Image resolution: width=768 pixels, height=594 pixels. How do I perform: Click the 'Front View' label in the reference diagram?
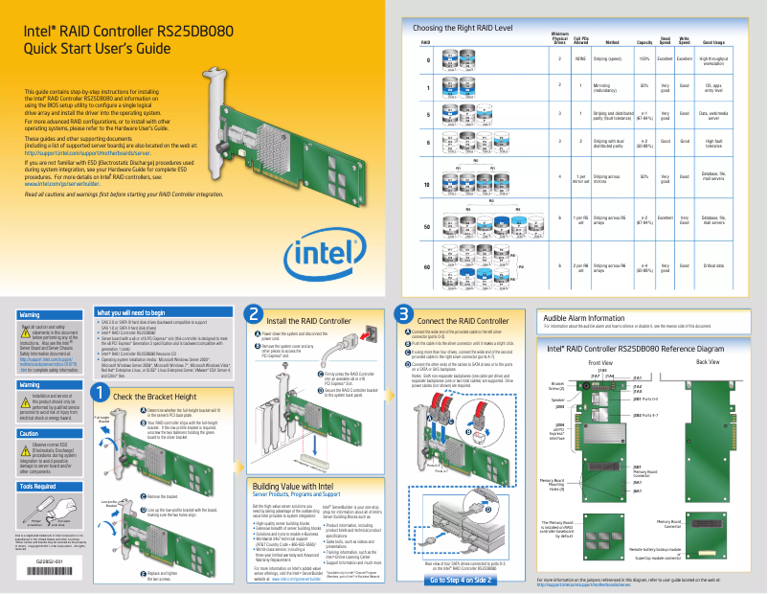pyautogui.click(x=600, y=336)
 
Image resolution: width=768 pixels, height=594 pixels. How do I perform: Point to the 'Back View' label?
pyautogui.click(x=708, y=336)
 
